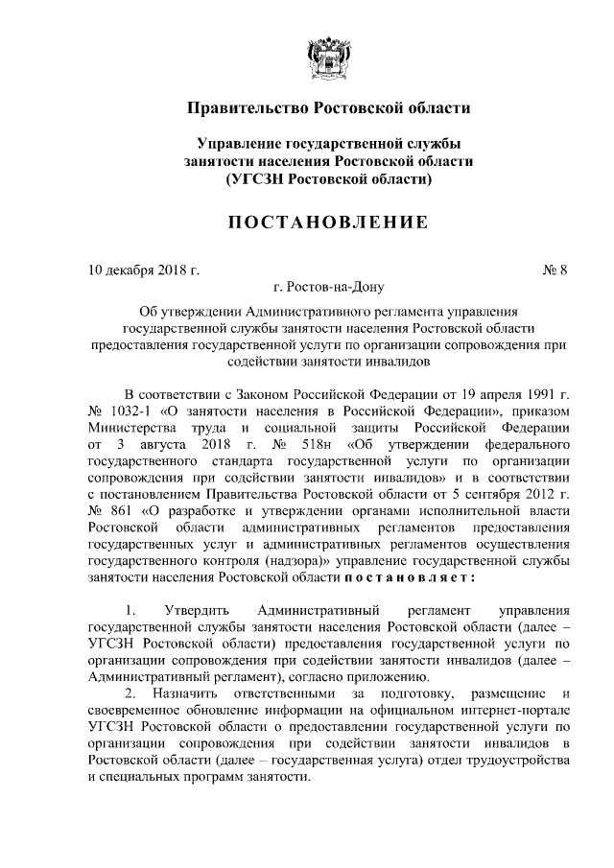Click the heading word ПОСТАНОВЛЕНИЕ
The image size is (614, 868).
point(326,223)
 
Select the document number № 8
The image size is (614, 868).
point(555,270)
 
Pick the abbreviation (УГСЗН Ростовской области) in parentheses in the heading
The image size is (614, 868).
point(326,178)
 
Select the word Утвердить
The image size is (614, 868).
point(197,610)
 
